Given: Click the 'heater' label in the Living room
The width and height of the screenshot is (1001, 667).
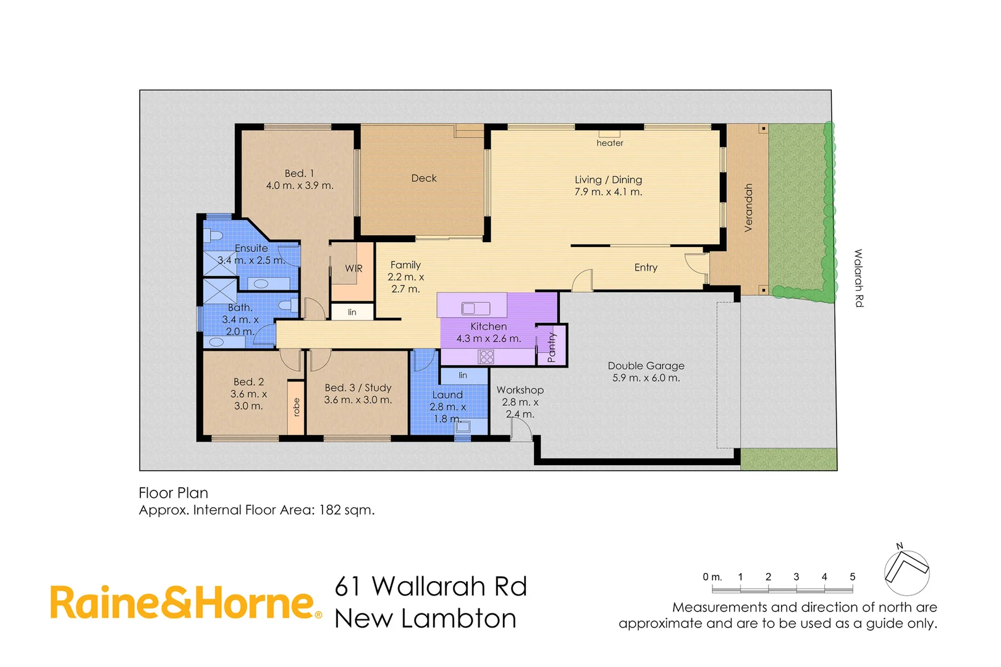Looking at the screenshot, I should [x=609, y=143].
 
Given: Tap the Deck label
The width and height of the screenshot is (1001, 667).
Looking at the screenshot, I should [x=424, y=178].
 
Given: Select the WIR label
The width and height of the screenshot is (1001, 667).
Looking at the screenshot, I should [x=353, y=269].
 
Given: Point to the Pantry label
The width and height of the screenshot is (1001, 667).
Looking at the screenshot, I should [x=552, y=347].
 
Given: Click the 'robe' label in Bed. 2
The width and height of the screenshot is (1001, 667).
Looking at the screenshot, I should [x=296, y=407].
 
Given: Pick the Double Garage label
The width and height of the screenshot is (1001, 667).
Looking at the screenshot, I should [x=646, y=366].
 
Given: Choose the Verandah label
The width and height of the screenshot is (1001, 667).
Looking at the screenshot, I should [x=748, y=208].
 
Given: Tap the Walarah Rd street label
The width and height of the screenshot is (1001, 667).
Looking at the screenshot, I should [x=858, y=278].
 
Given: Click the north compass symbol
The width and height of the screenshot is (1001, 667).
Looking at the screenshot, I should [x=906, y=571].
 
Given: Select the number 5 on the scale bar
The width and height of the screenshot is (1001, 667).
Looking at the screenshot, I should [x=852, y=577].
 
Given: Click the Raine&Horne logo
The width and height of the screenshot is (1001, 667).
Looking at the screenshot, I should [x=185, y=603].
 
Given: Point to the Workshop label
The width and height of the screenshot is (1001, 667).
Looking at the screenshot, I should [x=520, y=390].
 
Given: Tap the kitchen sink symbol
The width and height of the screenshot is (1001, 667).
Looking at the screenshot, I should [x=476, y=308].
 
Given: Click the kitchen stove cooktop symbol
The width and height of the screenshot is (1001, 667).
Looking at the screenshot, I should [x=486, y=356].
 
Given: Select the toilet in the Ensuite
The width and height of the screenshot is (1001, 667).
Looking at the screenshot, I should [x=214, y=236].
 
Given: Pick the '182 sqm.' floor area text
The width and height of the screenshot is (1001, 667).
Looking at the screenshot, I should [x=346, y=510].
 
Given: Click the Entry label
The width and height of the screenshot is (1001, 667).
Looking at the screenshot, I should [x=646, y=267].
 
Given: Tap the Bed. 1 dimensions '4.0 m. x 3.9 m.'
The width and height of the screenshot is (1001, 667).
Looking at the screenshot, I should [x=300, y=185].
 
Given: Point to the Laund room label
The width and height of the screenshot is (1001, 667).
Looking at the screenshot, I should [x=447, y=395].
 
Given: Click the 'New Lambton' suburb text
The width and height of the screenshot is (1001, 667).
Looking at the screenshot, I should [x=425, y=618].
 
